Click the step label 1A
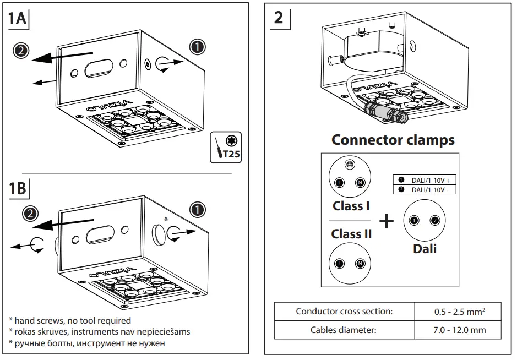(x=17, y=18)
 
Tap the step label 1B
(x=17, y=188)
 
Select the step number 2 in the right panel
(x=279, y=18)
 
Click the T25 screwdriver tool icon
(x=226, y=148)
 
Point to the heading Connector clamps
(x=393, y=140)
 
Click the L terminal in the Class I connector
(x=340, y=182)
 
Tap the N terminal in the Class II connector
(x=360, y=264)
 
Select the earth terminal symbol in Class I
(x=350, y=164)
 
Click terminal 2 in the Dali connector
(x=435, y=220)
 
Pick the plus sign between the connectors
(x=387, y=221)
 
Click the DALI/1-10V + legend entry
(x=425, y=180)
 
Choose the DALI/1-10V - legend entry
(x=425, y=189)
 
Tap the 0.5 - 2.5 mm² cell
(x=458, y=312)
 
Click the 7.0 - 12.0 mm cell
(x=458, y=330)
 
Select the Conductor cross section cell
(x=344, y=312)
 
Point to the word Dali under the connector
(x=425, y=249)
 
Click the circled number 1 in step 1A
(x=198, y=47)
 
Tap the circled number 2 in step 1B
(x=30, y=214)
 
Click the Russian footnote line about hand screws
(x=86, y=343)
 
